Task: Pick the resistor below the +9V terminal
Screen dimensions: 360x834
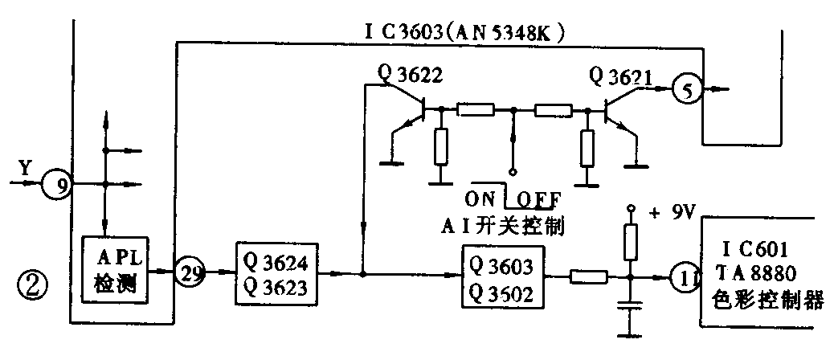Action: [631, 238]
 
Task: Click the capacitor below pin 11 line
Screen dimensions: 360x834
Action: [631, 305]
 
